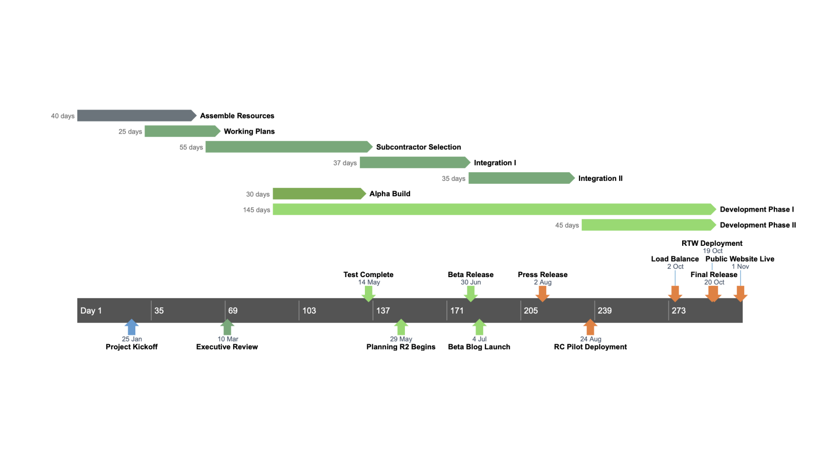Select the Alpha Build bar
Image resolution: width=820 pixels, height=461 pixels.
coord(318,194)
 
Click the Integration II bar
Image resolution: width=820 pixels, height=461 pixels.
coord(520,178)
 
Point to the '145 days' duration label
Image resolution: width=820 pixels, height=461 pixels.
coord(256,210)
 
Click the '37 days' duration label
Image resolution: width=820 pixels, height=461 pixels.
coord(345,163)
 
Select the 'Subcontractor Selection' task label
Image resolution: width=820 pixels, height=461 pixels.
coord(418,147)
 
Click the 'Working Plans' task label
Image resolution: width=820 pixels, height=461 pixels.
coord(249,132)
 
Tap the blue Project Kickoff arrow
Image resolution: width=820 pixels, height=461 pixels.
coord(132,327)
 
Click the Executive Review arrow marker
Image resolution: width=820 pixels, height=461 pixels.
coord(227,327)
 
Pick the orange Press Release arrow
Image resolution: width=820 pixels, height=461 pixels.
coord(542,294)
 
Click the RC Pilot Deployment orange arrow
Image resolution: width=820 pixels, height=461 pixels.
coord(590,327)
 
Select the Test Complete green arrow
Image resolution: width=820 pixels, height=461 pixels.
coord(368,294)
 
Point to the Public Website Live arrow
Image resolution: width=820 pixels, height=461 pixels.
coord(740,294)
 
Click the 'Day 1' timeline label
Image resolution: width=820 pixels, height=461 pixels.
coord(91,311)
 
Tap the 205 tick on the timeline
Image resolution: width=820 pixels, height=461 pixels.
coord(530,311)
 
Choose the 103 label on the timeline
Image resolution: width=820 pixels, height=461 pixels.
coord(309,311)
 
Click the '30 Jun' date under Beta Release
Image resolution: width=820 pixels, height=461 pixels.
coord(470,282)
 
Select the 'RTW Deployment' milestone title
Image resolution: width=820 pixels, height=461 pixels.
coord(712,243)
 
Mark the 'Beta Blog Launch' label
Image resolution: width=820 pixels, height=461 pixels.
coord(479,347)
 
